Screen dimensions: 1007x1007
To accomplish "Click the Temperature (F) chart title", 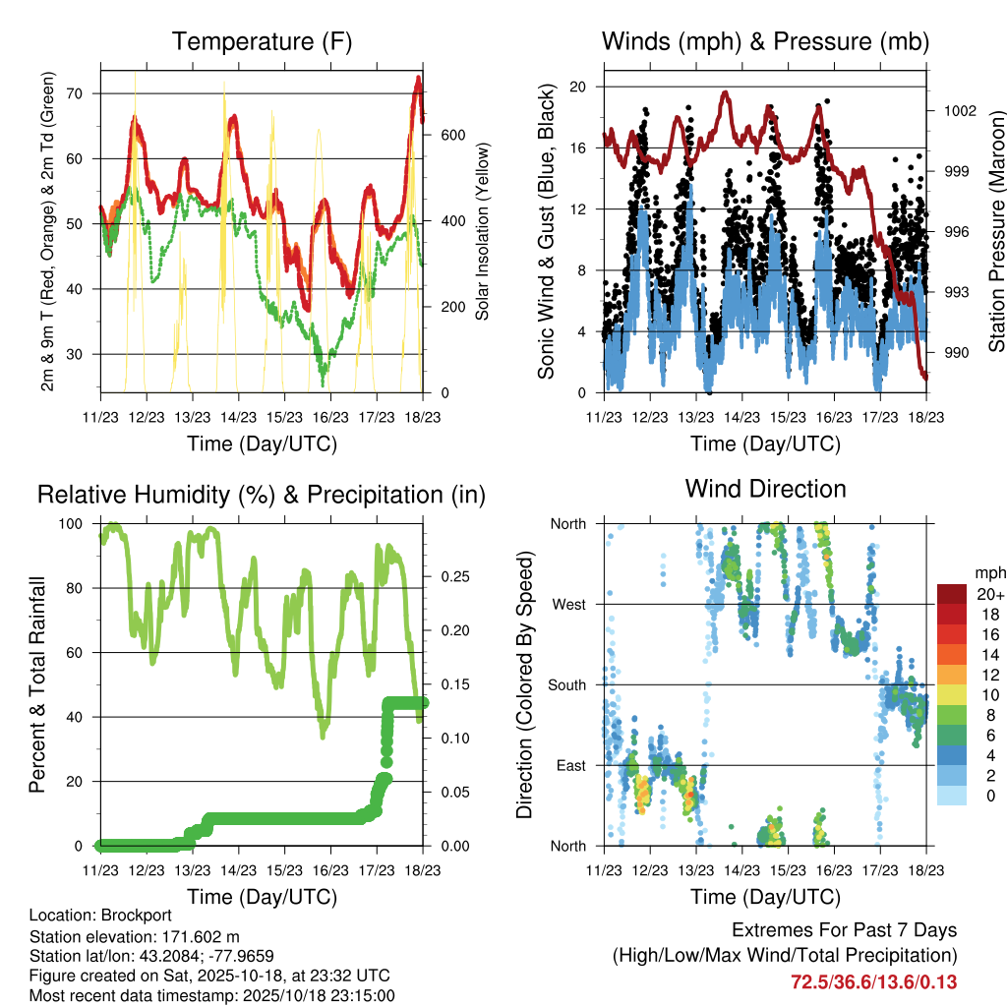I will (262, 41).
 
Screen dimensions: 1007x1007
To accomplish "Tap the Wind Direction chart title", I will (765, 489).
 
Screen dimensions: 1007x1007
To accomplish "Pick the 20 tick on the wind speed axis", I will (578, 87).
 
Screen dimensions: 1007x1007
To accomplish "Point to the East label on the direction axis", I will (569, 765).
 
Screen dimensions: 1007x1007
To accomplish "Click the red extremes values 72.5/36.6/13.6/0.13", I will (873, 981).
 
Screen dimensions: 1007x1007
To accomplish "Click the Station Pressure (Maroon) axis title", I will (995, 231).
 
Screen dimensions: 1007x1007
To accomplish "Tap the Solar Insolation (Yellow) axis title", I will (483, 232).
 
